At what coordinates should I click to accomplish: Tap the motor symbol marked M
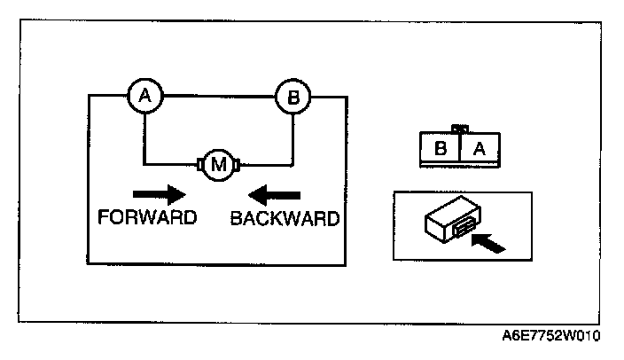pyautogui.click(x=218, y=163)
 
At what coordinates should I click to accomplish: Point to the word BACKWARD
pyautogui.click(x=284, y=218)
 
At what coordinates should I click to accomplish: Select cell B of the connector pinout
pyautogui.click(x=440, y=149)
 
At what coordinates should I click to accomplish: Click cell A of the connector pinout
pyautogui.click(x=480, y=149)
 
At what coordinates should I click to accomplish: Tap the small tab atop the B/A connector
pyautogui.click(x=459, y=129)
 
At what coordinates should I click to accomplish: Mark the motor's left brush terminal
pyautogui.click(x=199, y=163)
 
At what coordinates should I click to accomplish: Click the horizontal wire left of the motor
pyautogui.click(x=170, y=163)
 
